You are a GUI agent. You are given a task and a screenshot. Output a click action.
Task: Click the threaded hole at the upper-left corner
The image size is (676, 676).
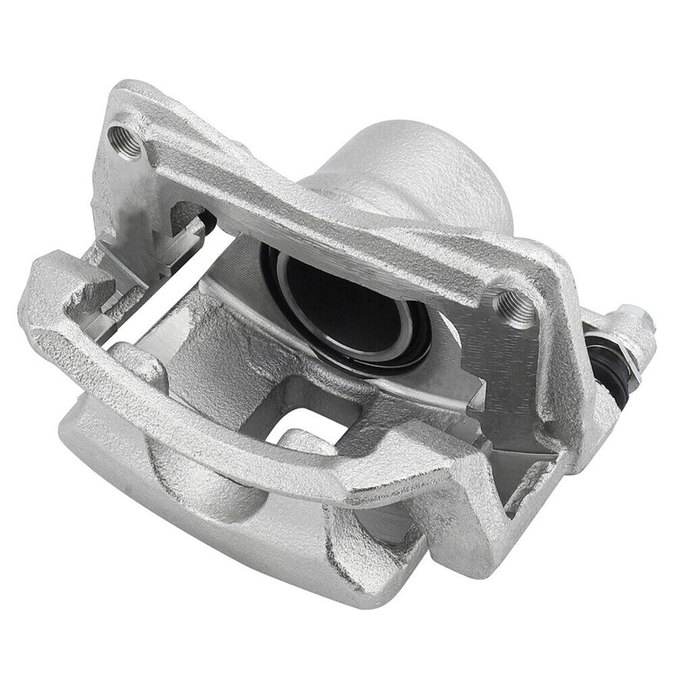coord(125,141)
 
